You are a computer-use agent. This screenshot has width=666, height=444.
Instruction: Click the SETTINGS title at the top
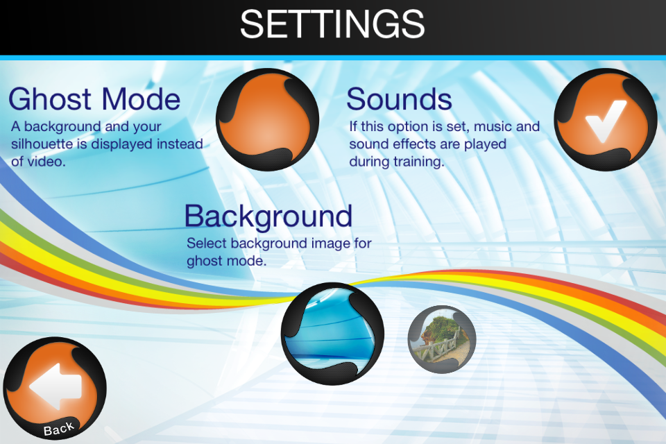332,24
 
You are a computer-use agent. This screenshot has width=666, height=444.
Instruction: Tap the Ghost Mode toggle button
268,120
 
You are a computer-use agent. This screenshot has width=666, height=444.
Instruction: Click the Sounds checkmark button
606,120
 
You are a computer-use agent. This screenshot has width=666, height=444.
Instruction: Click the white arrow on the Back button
55,386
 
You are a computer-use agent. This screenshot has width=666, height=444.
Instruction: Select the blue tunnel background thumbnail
332,334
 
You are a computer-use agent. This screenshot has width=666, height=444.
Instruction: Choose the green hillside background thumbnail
442,339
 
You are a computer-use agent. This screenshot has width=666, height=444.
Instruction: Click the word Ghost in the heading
51,99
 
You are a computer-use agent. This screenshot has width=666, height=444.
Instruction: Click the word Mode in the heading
142,99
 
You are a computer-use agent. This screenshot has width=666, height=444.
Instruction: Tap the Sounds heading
400,99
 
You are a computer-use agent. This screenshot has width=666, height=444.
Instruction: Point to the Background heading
268,216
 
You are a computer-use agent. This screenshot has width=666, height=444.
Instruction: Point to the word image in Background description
330,244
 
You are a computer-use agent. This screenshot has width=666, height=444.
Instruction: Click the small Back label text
59,428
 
